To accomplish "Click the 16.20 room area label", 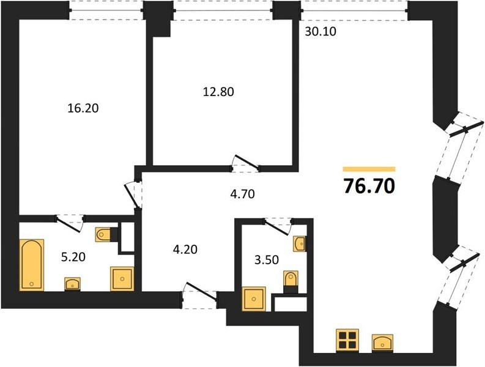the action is (83, 108).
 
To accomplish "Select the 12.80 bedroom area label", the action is (218, 92).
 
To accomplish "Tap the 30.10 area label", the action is (320, 31).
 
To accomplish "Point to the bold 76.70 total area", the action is (369, 187).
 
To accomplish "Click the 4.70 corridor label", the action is (242, 194).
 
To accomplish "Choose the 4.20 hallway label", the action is (185, 249).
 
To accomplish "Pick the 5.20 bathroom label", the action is (73, 257).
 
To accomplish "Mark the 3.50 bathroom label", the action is (267, 260).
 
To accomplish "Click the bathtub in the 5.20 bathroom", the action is (32, 265).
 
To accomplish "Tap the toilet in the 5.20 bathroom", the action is (104, 234).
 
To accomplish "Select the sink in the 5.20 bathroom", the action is (72, 284).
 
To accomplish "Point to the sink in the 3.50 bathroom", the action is (299, 244).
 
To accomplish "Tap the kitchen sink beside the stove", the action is (383, 343).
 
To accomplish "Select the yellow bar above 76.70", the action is (369, 169).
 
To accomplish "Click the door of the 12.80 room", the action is (246, 163).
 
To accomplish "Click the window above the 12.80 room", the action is (223, 10).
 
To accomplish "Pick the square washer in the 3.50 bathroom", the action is (254, 298).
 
